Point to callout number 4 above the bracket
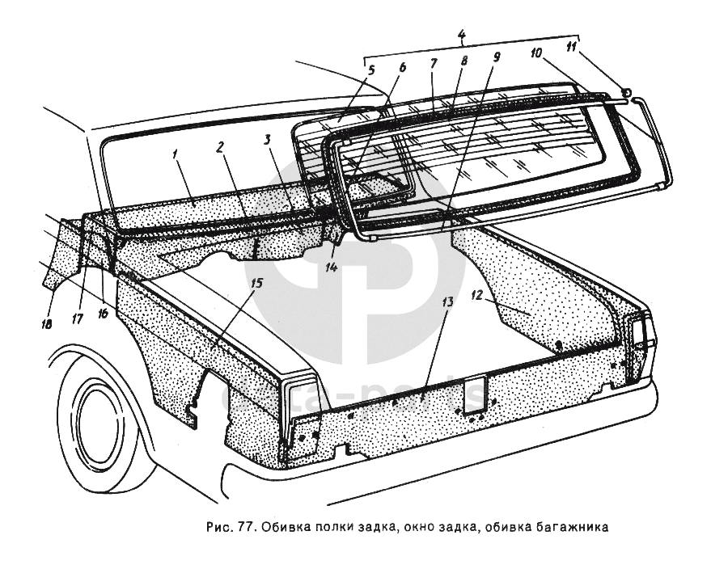tap(460, 35)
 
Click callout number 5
tap(371, 70)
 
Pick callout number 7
tap(434, 63)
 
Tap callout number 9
tap(497, 57)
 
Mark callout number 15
tap(256, 284)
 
